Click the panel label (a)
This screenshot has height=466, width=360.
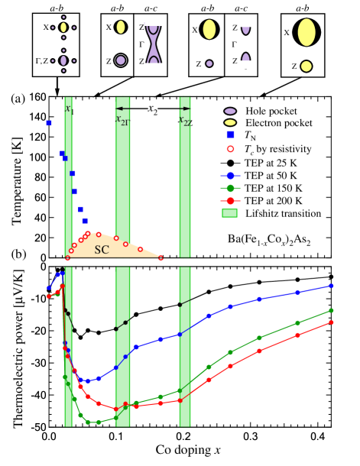(x=19, y=98)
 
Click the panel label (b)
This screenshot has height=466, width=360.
(x=19, y=254)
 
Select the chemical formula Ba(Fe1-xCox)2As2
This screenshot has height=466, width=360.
(x=269, y=240)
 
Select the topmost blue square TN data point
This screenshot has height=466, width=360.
(x=49, y=123)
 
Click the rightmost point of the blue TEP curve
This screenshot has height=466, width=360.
(x=332, y=286)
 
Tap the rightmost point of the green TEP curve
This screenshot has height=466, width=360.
(x=332, y=310)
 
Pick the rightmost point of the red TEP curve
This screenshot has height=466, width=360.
(x=332, y=322)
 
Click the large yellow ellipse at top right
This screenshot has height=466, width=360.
(x=306, y=32)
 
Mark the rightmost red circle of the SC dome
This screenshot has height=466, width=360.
(x=161, y=258)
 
